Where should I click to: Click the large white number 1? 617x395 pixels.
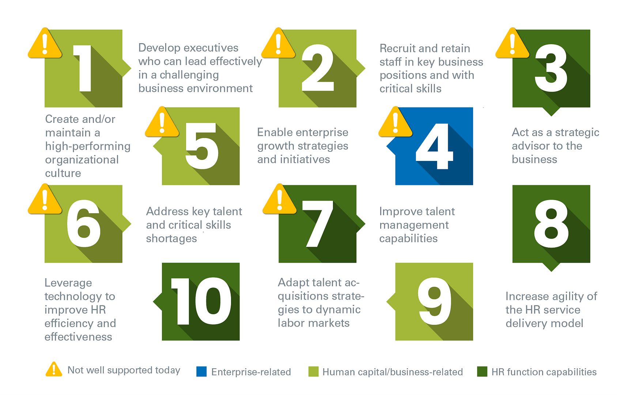click(83, 68)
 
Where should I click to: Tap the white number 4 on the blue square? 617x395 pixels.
click(434, 146)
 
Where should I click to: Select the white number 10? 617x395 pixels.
click(201, 301)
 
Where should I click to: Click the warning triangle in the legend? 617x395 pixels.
click(54, 369)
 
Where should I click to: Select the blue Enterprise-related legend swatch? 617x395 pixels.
click(201, 371)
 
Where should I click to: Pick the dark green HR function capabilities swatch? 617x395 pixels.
click(482, 371)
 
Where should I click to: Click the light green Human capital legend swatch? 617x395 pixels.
click(314, 371)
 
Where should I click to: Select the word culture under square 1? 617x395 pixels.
click(63, 173)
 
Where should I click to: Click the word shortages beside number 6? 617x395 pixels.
click(171, 238)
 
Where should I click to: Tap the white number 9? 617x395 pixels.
click(434, 301)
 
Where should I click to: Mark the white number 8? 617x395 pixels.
click(551, 223)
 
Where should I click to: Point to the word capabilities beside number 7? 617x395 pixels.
click(409, 239)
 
